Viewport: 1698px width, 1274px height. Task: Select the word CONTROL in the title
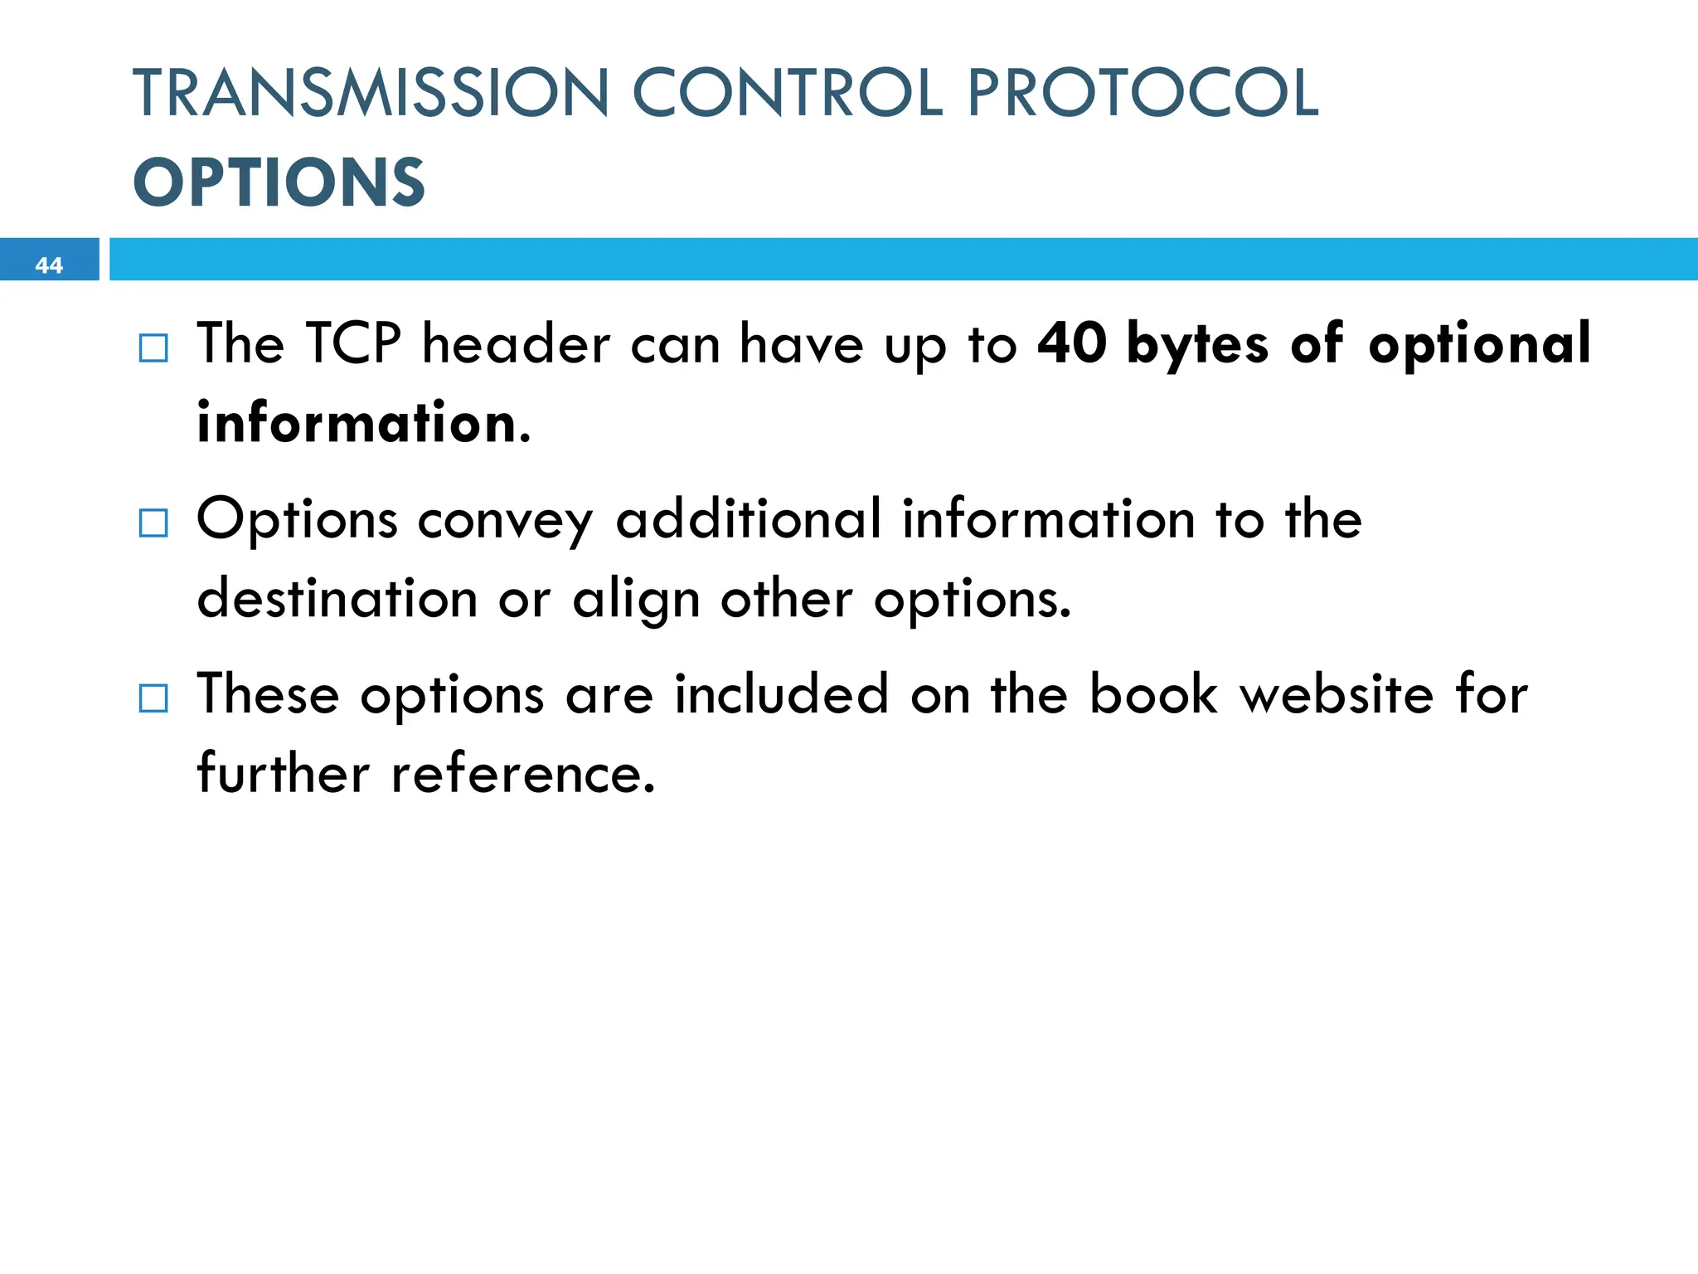(x=788, y=93)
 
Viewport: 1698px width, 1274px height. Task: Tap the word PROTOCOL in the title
(x=1143, y=93)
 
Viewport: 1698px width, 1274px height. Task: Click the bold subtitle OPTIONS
(x=279, y=182)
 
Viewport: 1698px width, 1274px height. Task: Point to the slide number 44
(x=49, y=265)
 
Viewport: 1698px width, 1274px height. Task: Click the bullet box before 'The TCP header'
(x=153, y=348)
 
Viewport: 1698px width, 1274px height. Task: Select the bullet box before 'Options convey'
(x=153, y=523)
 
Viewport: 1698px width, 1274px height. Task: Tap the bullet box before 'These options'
(x=153, y=698)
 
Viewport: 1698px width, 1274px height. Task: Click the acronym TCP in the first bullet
(x=353, y=343)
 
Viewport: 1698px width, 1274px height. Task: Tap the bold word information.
(x=362, y=423)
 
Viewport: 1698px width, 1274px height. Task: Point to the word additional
(x=748, y=519)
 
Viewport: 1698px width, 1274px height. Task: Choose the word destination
(x=337, y=599)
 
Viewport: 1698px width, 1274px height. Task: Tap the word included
(x=781, y=694)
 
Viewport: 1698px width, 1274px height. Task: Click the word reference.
(x=522, y=775)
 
